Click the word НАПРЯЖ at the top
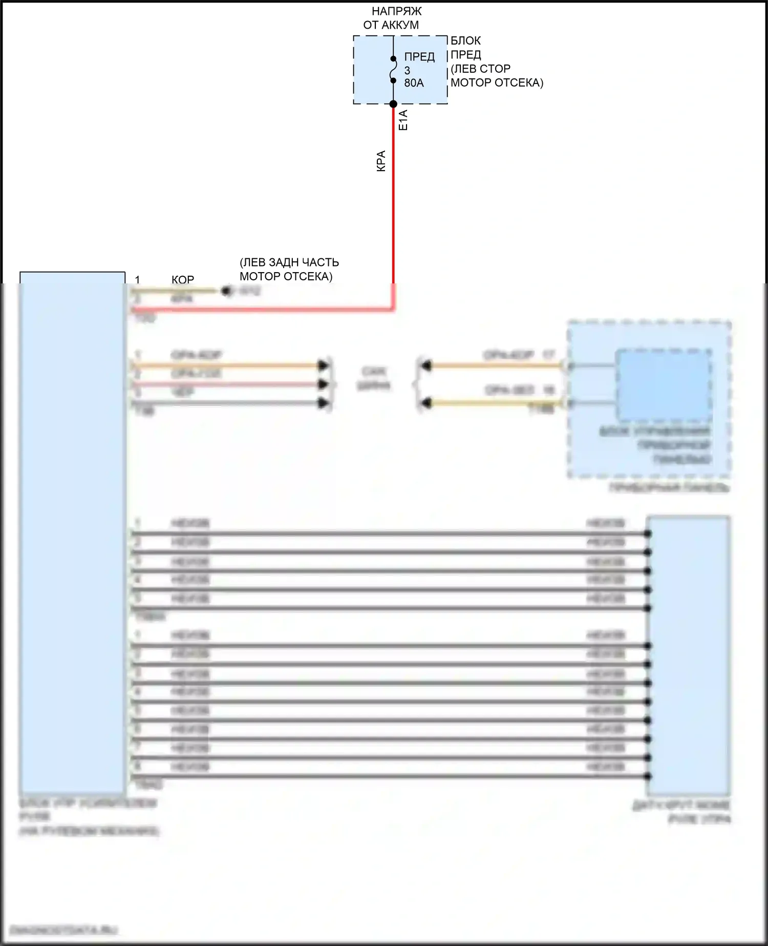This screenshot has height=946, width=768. (396, 11)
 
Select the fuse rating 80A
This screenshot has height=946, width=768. (414, 83)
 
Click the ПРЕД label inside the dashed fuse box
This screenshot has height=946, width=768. (419, 57)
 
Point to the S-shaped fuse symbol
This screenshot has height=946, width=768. (393, 69)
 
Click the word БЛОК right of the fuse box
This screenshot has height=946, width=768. (465, 40)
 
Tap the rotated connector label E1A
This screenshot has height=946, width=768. (403, 120)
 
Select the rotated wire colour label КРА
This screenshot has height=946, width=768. (381, 161)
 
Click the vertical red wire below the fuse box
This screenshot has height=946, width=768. (393, 205)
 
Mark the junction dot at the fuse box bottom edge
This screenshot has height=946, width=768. (393, 104)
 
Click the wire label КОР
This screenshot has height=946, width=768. (183, 280)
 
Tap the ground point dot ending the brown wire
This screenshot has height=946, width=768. (226, 291)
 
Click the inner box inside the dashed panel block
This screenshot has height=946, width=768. (663, 384)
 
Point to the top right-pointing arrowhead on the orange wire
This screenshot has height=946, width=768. (323, 365)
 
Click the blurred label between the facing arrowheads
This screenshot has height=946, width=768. (374, 378)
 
